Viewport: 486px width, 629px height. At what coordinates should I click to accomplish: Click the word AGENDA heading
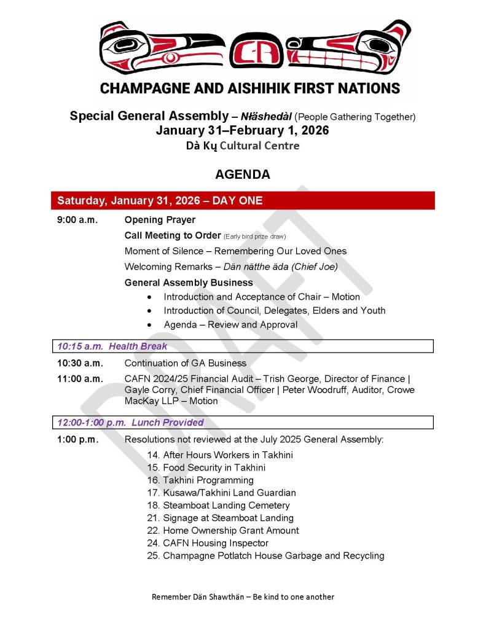point(243,174)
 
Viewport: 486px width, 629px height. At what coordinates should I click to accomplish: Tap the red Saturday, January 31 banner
point(243,201)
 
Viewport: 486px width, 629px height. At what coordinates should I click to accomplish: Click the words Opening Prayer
point(160,220)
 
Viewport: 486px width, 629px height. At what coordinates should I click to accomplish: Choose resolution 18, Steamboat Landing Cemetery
point(218,506)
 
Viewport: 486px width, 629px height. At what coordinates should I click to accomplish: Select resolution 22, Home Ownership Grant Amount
point(223,531)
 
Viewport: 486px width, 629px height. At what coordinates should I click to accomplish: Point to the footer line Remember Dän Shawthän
point(243,596)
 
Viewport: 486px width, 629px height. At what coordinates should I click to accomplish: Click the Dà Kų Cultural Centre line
point(243,146)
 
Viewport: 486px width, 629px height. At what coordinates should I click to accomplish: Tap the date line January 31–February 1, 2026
point(243,131)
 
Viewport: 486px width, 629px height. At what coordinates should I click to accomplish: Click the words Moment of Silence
point(159,251)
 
